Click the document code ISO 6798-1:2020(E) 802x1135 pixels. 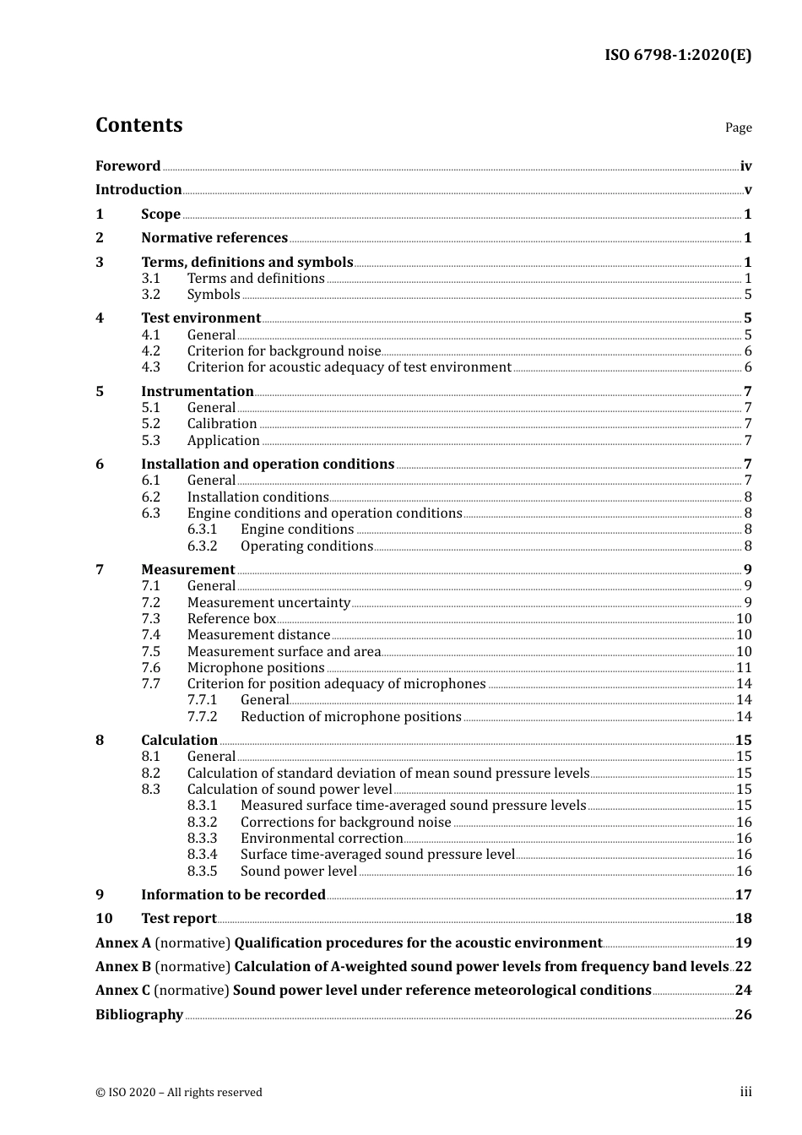677,56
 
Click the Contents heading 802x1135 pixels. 138,125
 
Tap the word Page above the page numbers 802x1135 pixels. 738,128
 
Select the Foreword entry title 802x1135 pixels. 127,166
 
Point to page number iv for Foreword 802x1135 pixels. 745,166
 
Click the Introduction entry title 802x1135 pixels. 138,190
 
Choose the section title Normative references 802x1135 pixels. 214,238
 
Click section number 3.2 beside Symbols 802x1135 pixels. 150,295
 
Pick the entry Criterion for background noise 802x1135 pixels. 284,351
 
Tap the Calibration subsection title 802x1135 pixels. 222,424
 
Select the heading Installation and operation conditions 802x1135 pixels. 268,464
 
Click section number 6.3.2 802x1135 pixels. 202,546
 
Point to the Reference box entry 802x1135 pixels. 231,619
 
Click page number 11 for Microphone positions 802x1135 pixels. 744,668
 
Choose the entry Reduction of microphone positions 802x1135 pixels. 350,717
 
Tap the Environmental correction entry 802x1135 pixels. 322,839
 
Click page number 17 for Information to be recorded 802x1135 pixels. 743,895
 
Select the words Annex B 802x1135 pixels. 123,967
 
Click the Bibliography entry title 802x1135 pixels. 139,1015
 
